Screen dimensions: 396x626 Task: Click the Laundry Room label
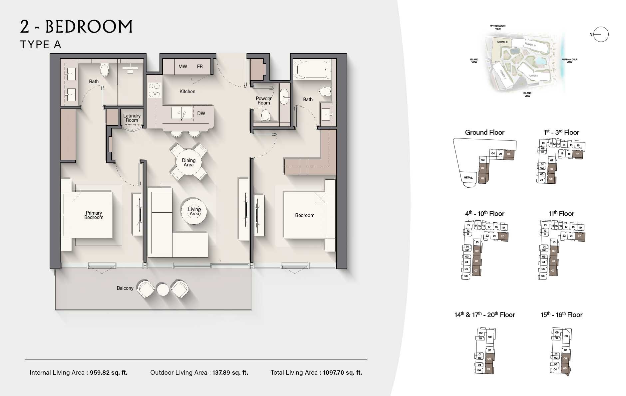pyautogui.click(x=132, y=118)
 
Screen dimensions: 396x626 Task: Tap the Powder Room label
pyautogui.click(x=263, y=100)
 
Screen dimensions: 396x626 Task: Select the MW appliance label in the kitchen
pyautogui.click(x=182, y=67)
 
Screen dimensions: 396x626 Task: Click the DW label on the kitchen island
pyautogui.click(x=201, y=113)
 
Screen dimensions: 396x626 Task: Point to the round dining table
pyautogui.click(x=188, y=162)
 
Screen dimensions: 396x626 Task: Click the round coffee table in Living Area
pyautogui.click(x=194, y=211)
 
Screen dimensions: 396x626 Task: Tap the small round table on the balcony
pyautogui.click(x=163, y=290)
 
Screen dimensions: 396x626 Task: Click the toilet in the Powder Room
pyautogui.click(x=265, y=115)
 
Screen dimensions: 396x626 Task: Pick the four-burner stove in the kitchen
pyautogui.click(x=155, y=90)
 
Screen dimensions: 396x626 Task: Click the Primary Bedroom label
pyautogui.click(x=94, y=215)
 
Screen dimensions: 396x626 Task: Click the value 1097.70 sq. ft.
pyautogui.click(x=342, y=373)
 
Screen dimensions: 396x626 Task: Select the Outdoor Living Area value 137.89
pyautogui.click(x=230, y=373)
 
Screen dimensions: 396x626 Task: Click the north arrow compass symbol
pyautogui.click(x=600, y=34)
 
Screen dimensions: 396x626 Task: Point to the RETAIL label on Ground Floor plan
pyautogui.click(x=468, y=178)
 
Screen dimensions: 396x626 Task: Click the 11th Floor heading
pyautogui.click(x=561, y=214)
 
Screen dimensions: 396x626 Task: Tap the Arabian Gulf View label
pyautogui.click(x=569, y=61)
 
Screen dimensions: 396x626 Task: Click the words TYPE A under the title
pyautogui.click(x=41, y=45)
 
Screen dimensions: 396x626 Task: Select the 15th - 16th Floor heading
pyautogui.click(x=561, y=315)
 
